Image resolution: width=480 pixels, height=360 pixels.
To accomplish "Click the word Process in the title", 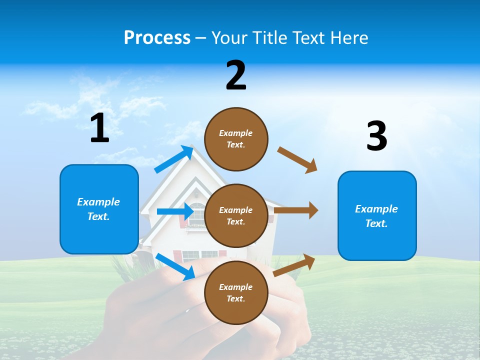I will (x=157, y=37).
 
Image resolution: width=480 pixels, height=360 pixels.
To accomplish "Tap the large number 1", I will (x=99, y=128).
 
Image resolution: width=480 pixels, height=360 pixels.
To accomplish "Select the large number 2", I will (x=236, y=75).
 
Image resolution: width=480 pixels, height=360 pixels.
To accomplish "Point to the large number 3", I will (x=376, y=136).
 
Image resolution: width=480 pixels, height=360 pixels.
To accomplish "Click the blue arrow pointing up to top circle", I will (x=174, y=159).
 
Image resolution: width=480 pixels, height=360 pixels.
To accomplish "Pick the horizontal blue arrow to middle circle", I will (x=175, y=211).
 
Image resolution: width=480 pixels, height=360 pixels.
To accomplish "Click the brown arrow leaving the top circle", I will (x=297, y=160).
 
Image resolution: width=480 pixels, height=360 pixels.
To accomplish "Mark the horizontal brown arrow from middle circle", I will (x=296, y=210).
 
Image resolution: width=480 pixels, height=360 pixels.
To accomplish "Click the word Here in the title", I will (x=349, y=37).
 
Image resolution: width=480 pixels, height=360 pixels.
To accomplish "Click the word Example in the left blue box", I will (x=98, y=202).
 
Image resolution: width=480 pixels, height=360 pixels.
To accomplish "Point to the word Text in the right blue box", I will (x=376, y=223).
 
